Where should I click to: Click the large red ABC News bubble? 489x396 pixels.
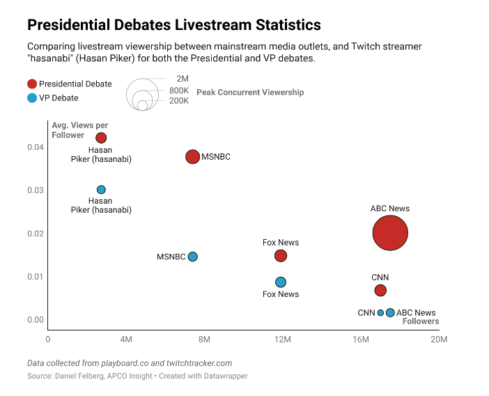click(390, 233)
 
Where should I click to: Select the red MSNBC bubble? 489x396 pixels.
click(193, 157)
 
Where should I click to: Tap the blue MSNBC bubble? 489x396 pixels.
click(193, 257)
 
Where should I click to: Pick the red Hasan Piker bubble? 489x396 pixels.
click(101, 137)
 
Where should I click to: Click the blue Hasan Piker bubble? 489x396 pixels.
click(101, 190)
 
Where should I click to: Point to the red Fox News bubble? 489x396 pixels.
click(281, 256)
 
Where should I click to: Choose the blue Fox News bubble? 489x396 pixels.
click(281, 282)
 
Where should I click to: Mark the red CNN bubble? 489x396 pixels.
click(380, 290)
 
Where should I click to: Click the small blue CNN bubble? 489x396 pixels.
click(380, 312)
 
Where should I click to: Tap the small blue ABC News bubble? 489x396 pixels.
click(390, 312)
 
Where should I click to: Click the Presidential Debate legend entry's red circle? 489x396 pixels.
click(32, 84)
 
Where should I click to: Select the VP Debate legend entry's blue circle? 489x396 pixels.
click(32, 98)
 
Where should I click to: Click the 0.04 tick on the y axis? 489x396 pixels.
click(36, 147)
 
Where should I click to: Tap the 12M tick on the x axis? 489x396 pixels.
click(283, 340)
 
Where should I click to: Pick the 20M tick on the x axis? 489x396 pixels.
click(439, 340)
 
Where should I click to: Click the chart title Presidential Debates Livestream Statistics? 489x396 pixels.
click(173, 25)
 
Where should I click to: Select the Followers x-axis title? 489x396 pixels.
click(421, 321)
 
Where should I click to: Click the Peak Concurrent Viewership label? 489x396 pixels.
click(250, 92)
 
